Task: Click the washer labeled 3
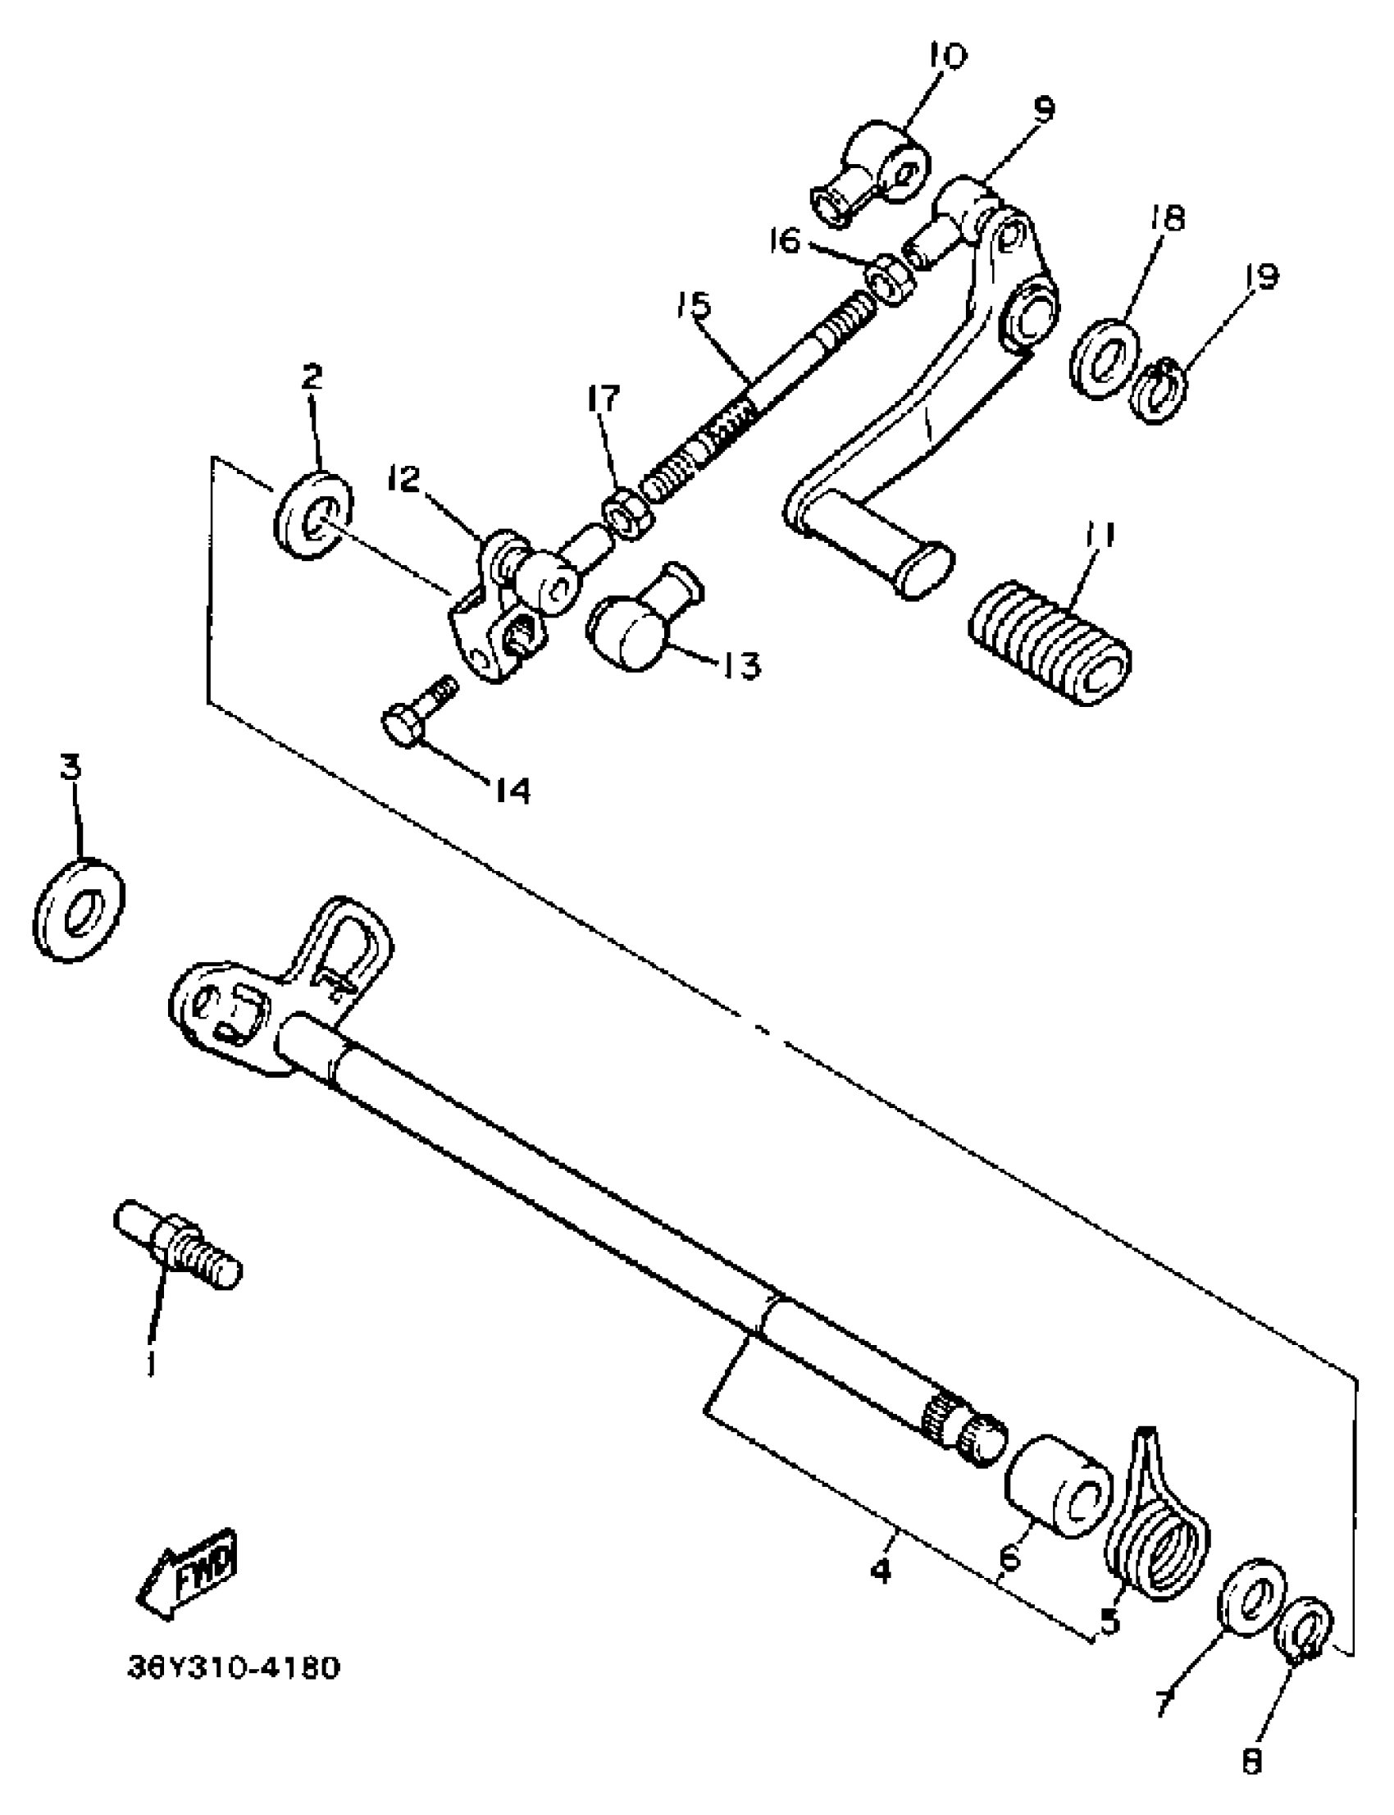click(79, 910)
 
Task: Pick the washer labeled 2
click(312, 515)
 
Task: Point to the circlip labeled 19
click(1159, 388)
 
